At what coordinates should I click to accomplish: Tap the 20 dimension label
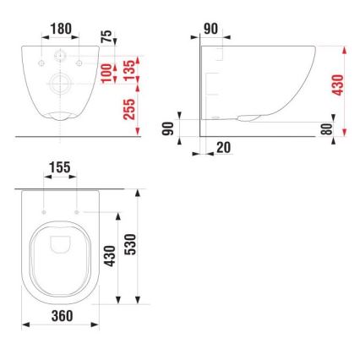click(x=224, y=147)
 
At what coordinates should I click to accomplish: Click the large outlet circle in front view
click(x=59, y=85)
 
